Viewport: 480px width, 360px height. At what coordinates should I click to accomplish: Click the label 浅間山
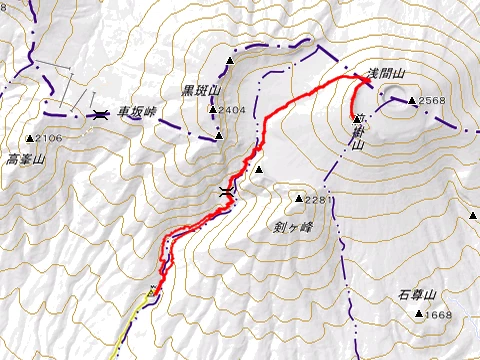(385, 75)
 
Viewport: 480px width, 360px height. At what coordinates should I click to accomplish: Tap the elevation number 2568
(432, 101)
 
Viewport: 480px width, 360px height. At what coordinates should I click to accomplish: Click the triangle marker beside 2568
(412, 100)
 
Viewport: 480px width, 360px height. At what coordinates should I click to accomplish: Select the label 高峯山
(26, 159)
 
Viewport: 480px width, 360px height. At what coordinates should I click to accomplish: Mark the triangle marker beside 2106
(30, 138)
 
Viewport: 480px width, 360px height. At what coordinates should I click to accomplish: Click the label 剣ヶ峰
(293, 226)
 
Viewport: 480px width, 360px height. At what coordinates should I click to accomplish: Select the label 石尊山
(414, 296)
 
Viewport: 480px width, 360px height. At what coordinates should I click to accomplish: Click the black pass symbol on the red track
(227, 190)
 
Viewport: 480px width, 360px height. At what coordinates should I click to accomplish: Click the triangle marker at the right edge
(472, 214)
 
